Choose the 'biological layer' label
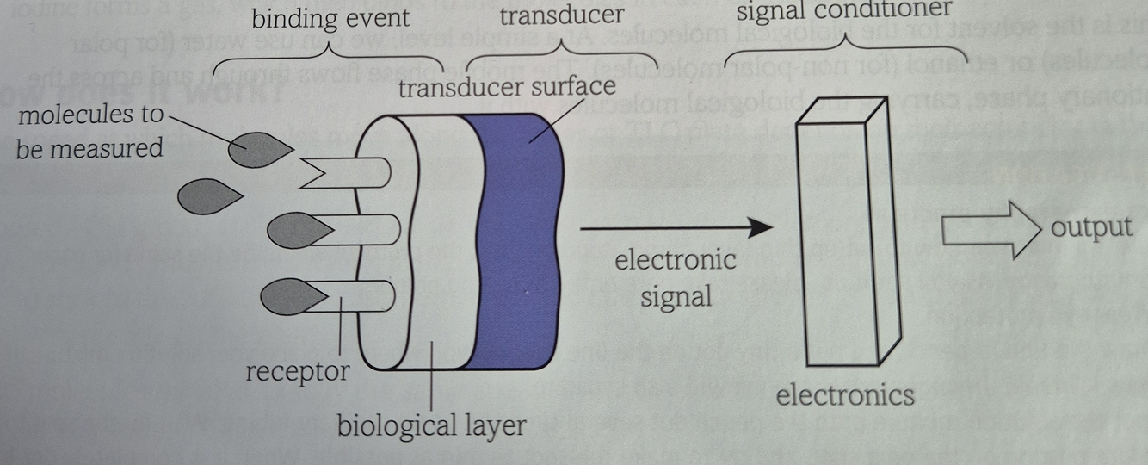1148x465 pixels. pyautogui.click(x=429, y=425)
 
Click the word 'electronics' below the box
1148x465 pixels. pyautogui.click(x=845, y=394)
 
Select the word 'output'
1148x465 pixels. pyautogui.click(x=1091, y=227)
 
